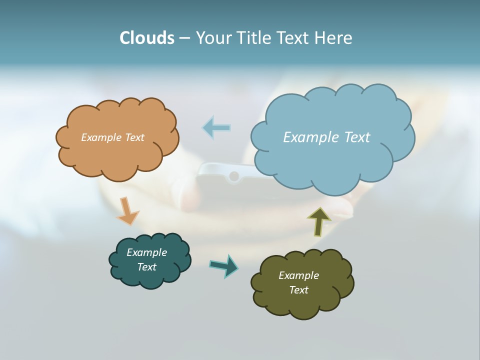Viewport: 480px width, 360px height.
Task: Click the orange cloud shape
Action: [x=117, y=155]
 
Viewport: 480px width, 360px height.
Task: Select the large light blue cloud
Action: [x=332, y=160]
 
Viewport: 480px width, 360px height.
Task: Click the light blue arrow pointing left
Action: [x=216, y=127]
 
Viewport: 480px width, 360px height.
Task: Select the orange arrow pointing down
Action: [x=127, y=211]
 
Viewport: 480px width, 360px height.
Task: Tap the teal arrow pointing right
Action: [x=224, y=265]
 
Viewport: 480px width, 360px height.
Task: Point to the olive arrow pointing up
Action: [x=319, y=221]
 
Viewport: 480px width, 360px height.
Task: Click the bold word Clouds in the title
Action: [x=147, y=38]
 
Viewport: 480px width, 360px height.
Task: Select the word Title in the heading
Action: [x=254, y=38]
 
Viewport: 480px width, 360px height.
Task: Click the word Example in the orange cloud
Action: [x=100, y=137]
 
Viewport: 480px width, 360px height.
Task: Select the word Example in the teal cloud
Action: [x=147, y=252]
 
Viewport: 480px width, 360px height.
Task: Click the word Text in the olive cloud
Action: [x=298, y=290]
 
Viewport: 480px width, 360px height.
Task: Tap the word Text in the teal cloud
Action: [x=147, y=267]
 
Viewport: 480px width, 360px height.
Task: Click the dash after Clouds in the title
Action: [x=184, y=38]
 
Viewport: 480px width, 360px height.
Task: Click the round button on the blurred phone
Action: [x=233, y=176]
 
